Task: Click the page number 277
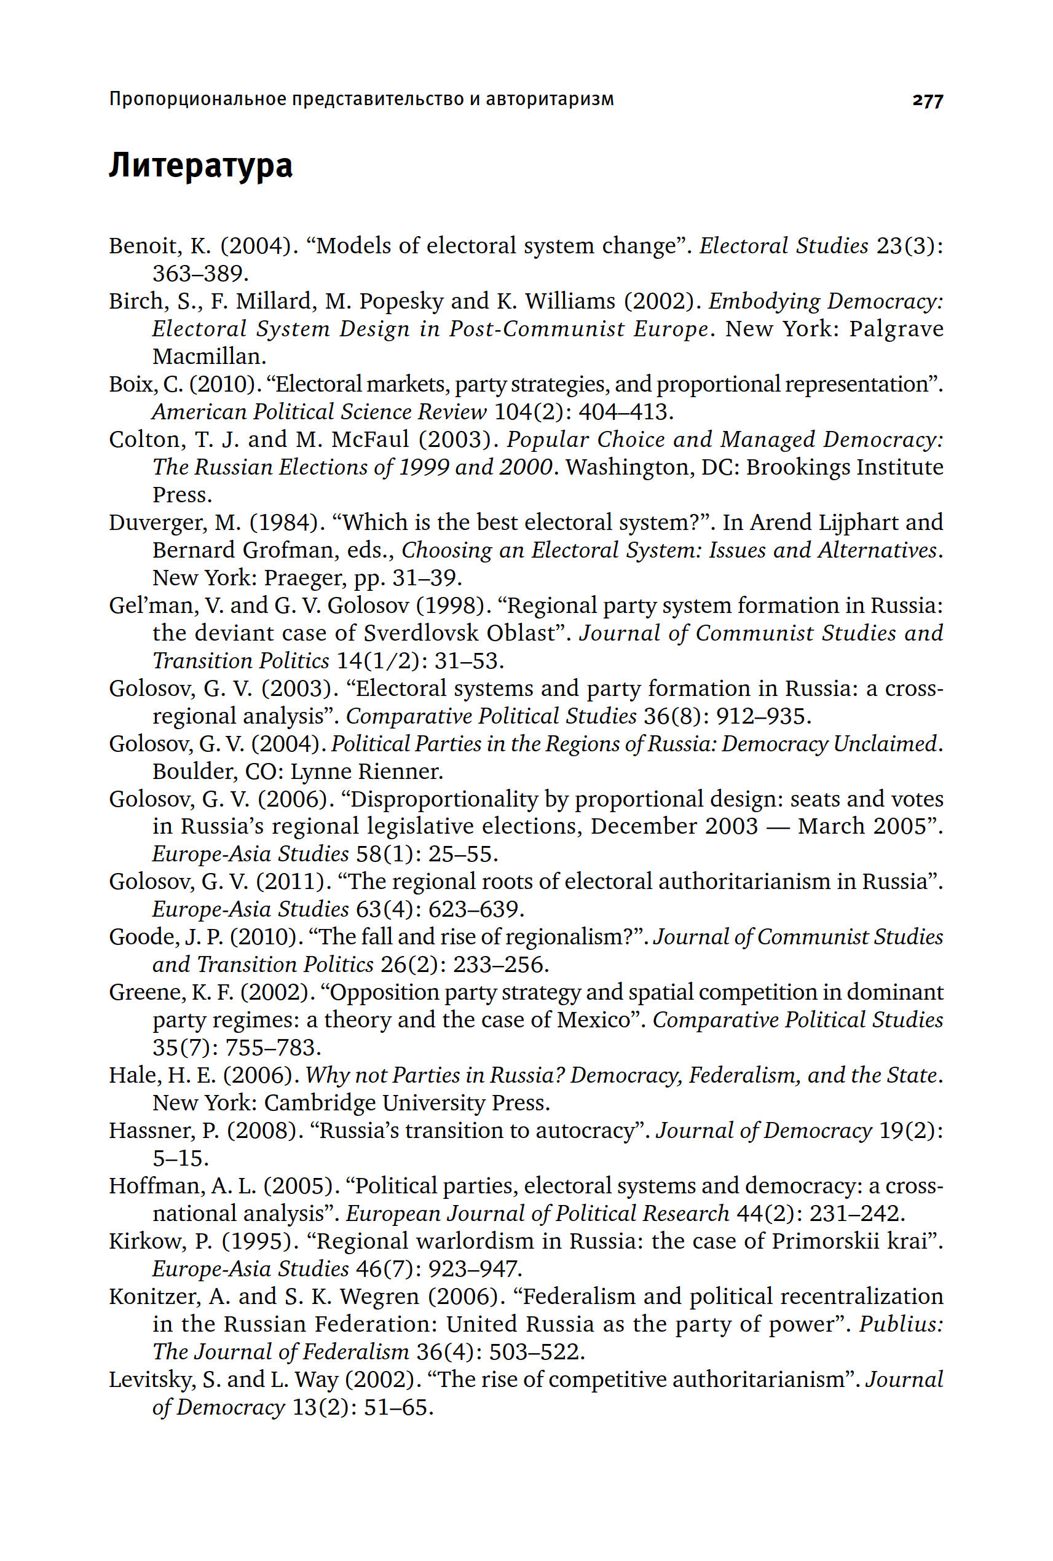[928, 101]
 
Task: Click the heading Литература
[200, 166]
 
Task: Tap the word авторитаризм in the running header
[550, 100]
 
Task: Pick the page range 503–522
[537, 1352]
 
